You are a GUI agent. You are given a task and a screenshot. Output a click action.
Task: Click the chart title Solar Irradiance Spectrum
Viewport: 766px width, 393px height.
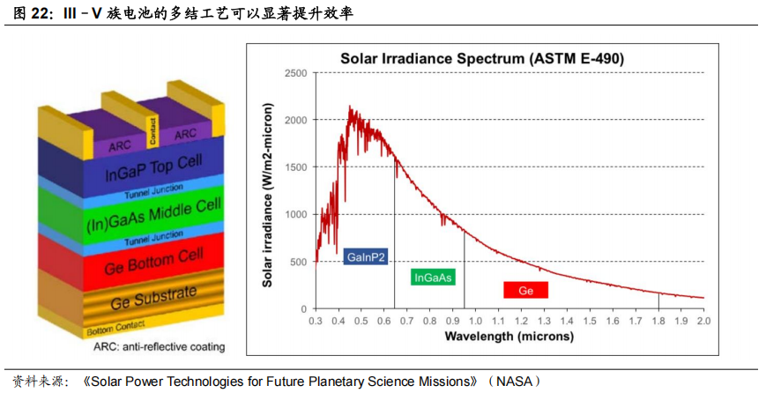(482, 59)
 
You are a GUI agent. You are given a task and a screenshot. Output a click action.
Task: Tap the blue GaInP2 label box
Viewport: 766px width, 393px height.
(367, 257)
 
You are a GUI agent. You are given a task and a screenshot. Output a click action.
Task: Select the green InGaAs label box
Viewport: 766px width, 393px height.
(433, 278)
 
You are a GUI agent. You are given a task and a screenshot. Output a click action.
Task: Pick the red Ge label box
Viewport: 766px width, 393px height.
(525, 290)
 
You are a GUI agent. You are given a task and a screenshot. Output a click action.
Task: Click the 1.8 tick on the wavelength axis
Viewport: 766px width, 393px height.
(658, 322)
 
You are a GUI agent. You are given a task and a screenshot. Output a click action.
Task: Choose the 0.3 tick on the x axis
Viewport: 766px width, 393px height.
(316, 322)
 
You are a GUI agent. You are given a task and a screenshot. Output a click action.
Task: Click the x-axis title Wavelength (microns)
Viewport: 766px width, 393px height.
(509, 337)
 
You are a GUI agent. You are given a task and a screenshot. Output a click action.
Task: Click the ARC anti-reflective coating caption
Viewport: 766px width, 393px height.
(159, 347)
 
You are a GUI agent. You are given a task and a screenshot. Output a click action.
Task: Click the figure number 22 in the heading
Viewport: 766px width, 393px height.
(41, 14)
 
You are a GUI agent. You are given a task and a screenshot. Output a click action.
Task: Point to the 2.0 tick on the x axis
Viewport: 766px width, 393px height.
(703, 322)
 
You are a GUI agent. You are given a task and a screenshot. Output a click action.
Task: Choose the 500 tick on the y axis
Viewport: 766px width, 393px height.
(298, 262)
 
